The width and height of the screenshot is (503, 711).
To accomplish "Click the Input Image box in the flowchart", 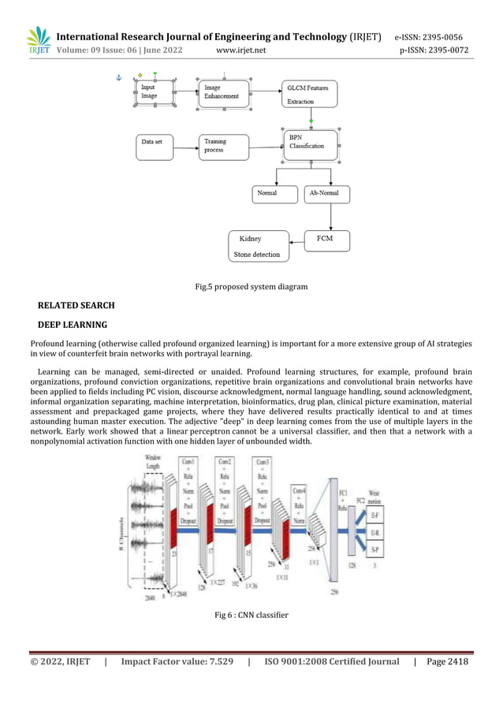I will tap(156, 91).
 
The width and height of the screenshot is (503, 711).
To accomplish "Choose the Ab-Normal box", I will tap(326, 193).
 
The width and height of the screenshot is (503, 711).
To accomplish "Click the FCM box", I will tap(326, 240).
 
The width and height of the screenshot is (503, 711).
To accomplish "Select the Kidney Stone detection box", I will tap(259, 246).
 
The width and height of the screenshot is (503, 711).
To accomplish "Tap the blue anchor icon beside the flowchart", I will tap(119, 79).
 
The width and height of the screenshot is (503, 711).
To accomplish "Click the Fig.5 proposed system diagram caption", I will tap(251, 287).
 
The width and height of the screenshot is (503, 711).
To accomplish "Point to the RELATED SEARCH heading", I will tap(76, 305).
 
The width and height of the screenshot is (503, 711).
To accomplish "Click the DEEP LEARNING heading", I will tap(73, 324).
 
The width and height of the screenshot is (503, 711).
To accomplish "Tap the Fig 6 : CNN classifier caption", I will tap(251, 615).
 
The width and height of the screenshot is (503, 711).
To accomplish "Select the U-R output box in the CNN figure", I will tap(375, 533).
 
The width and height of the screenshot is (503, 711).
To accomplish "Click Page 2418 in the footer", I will tap(447, 662).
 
